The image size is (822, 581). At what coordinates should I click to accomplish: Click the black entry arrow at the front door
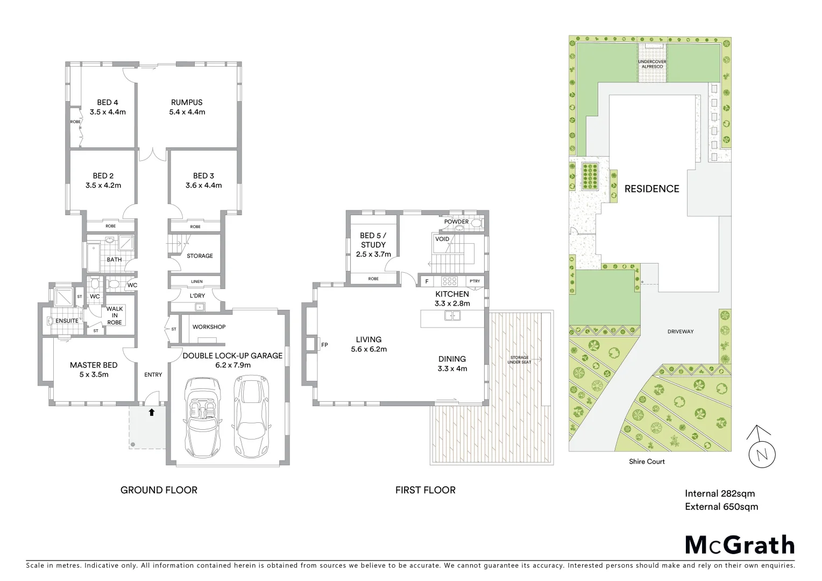click(x=152, y=413)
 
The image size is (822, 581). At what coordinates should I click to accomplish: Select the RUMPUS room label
click(x=187, y=102)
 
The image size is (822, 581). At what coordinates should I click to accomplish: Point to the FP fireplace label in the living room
click(x=324, y=345)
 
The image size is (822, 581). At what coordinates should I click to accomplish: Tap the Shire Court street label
click(x=647, y=462)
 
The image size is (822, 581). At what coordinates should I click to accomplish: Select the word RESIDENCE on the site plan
click(x=651, y=189)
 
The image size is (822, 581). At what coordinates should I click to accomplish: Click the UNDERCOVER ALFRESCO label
click(x=652, y=64)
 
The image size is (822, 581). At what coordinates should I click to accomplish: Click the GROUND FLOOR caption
click(x=159, y=490)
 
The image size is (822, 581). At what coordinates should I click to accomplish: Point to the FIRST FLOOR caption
click(x=425, y=490)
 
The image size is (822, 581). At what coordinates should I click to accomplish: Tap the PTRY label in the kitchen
click(x=474, y=281)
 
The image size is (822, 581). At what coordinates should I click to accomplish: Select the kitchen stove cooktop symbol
click(x=449, y=281)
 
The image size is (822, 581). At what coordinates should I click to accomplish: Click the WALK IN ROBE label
click(x=115, y=316)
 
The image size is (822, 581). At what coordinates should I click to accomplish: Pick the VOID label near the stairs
click(x=442, y=239)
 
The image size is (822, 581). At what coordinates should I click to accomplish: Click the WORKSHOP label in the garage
click(x=209, y=327)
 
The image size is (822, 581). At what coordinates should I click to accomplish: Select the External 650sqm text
click(x=721, y=507)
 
